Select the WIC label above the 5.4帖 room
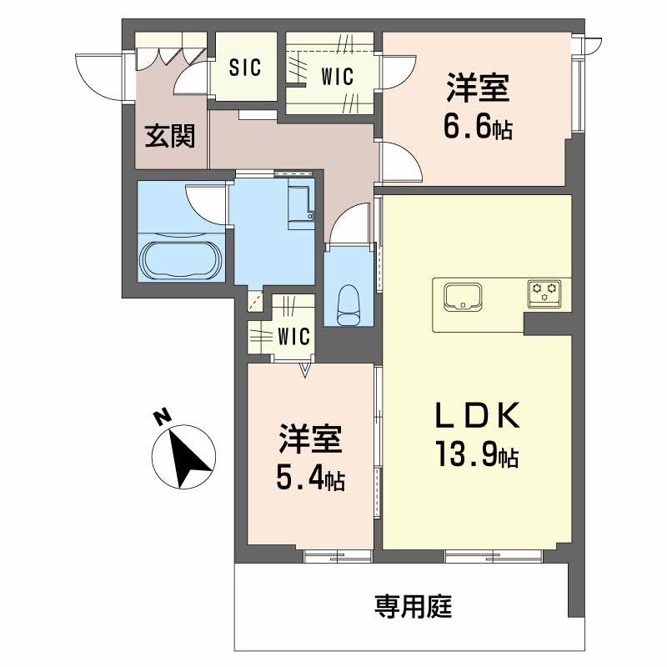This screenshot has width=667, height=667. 293,337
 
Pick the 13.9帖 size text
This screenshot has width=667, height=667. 476,454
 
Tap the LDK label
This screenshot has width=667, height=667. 476,414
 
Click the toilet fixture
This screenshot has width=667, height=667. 348,305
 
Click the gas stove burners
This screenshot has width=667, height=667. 545,293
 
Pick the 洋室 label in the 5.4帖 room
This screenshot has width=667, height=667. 310,439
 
